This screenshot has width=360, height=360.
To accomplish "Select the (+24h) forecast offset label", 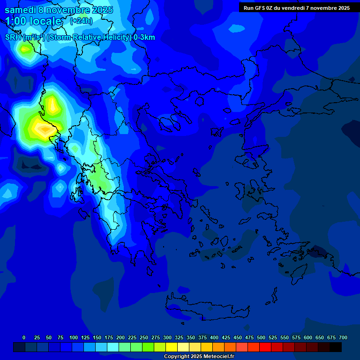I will (81, 21).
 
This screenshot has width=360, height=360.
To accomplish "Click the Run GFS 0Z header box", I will (296, 7).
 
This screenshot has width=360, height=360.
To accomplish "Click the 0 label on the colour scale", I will (24, 338).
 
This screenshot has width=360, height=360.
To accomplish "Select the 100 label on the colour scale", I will (74, 338).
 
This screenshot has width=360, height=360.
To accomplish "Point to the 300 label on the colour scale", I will (167, 338).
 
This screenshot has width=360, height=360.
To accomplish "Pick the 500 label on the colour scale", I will (261, 338).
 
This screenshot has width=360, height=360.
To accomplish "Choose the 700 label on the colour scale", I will (343, 338).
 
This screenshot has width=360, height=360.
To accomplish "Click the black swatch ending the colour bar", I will (336, 347).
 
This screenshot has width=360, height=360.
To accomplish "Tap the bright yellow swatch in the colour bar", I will (172, 347).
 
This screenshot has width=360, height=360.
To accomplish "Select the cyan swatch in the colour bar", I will (113, 347).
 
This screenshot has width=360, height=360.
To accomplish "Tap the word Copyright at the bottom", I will (176, 357).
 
